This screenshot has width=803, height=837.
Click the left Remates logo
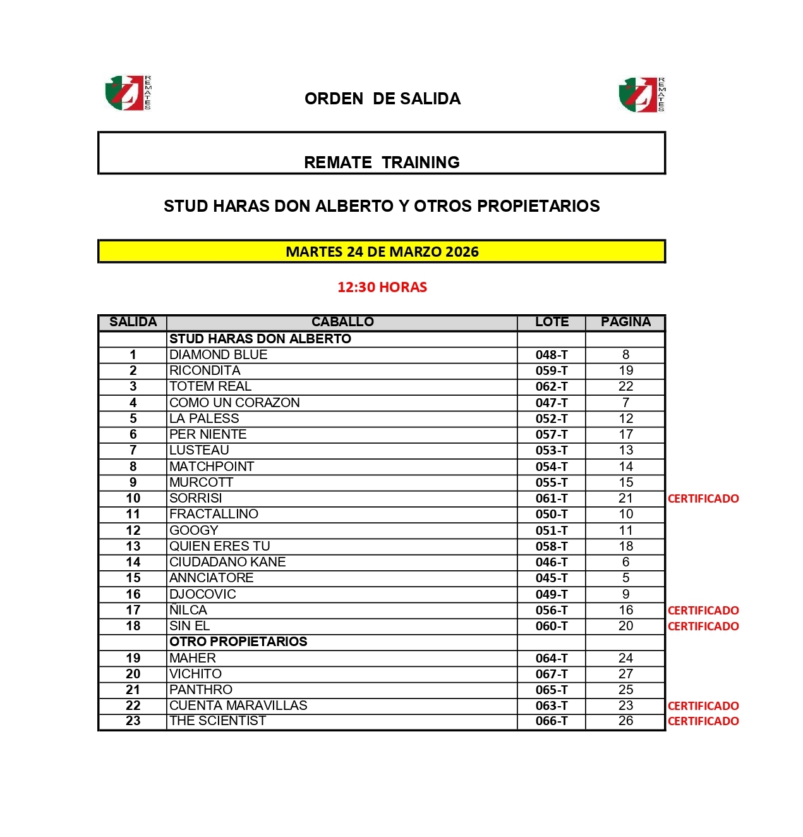[x=128, y=93]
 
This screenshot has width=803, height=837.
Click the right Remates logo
[x=641, y=95]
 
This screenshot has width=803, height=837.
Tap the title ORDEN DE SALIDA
[x=382, y=99]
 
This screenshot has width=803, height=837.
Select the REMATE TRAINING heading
[x=382, y=162]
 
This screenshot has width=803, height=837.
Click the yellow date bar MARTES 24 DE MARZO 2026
[x=382, y=252]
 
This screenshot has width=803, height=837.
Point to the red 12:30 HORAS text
[x=382, y=287]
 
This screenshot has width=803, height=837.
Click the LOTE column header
[x=552, y=322]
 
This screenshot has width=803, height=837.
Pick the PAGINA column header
[x=625, y=322]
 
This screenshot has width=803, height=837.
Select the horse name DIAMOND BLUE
[x=219, y=355]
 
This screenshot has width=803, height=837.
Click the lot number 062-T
[x=552, y=386]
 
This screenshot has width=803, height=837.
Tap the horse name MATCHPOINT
[x=212, y=467]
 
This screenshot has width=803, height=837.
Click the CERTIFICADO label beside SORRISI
[x=703, y=499]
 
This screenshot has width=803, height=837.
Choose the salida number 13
[x=133, y=546]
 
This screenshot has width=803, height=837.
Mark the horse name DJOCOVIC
[x=203, y=594]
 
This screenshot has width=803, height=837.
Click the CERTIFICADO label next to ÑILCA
[x=703, y=611]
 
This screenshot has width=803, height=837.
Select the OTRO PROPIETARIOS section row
[x=239, y=642]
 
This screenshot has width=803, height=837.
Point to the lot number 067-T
[x=552, y=674]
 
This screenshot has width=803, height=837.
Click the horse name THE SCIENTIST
[x=218, y=721]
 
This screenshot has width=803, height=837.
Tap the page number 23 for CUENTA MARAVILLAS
[x=625, y=706]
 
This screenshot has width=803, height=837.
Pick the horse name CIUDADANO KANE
[x=227, y=562]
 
